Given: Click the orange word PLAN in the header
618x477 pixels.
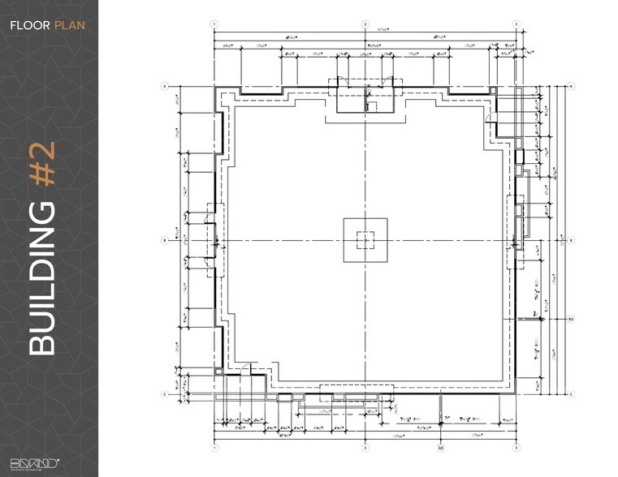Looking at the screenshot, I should (x=69, y=25).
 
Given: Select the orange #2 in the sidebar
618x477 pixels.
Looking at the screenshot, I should (x=42, y=165).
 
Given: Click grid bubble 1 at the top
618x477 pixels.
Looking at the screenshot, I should (x=214, y=24).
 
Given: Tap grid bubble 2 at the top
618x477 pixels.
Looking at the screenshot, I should (x=365, y=24).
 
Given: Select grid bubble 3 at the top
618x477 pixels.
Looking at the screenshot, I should (x=516, y=24).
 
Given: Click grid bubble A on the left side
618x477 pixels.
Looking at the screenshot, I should (x=164, y=85).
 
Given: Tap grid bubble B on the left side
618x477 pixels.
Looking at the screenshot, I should (x=164, y=240).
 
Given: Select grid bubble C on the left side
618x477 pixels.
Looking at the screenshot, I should (x=164, y=394).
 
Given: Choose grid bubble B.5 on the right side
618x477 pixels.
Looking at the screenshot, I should (x=571, y=320).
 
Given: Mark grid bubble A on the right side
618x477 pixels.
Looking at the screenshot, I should (x=571, y=85).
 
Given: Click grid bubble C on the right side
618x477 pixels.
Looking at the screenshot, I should (x=571, y=394).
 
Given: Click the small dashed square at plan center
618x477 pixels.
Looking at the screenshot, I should (x=365, y=240).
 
